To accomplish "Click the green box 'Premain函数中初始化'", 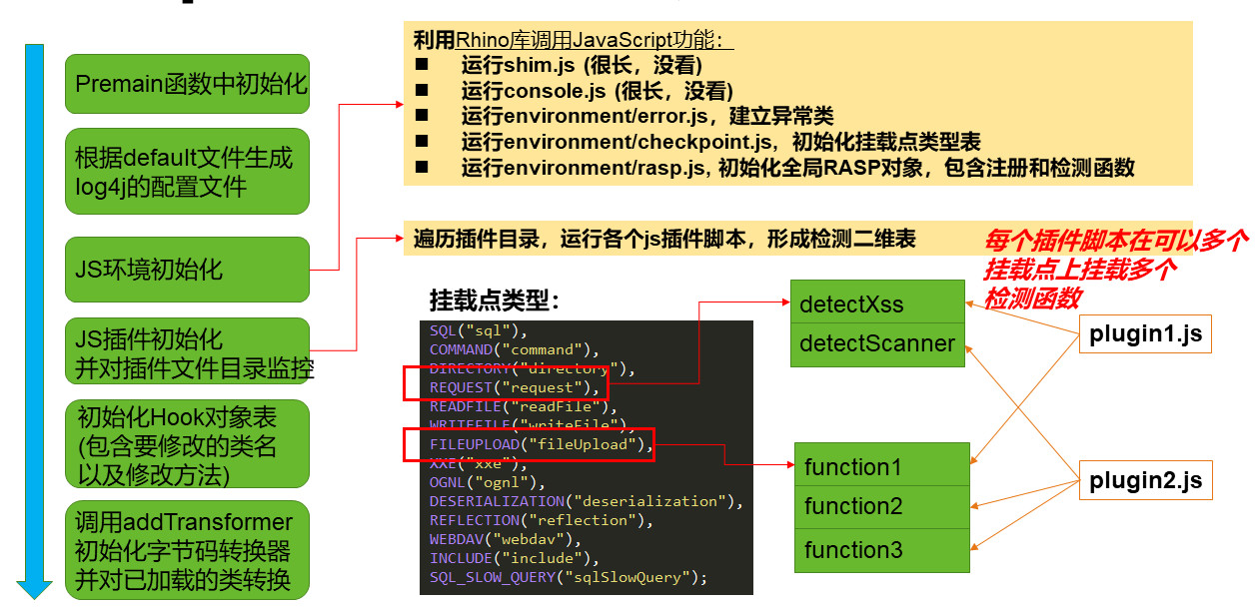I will coord(187,84).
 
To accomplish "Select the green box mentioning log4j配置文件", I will coord(187,172).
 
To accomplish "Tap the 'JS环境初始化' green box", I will coord(187,270).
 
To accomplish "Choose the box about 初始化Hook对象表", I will coord(187,444).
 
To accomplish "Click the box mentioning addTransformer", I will coord(187,550).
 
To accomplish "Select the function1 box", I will coord(882,466).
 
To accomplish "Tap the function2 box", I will coord(882,507).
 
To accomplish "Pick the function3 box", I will coord(882,550).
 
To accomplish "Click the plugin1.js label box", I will coord(1145,334).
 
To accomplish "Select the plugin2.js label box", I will coord(1145,481).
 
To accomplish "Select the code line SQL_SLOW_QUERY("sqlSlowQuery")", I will coord(568,577).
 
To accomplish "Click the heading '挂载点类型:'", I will coord(495,300).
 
